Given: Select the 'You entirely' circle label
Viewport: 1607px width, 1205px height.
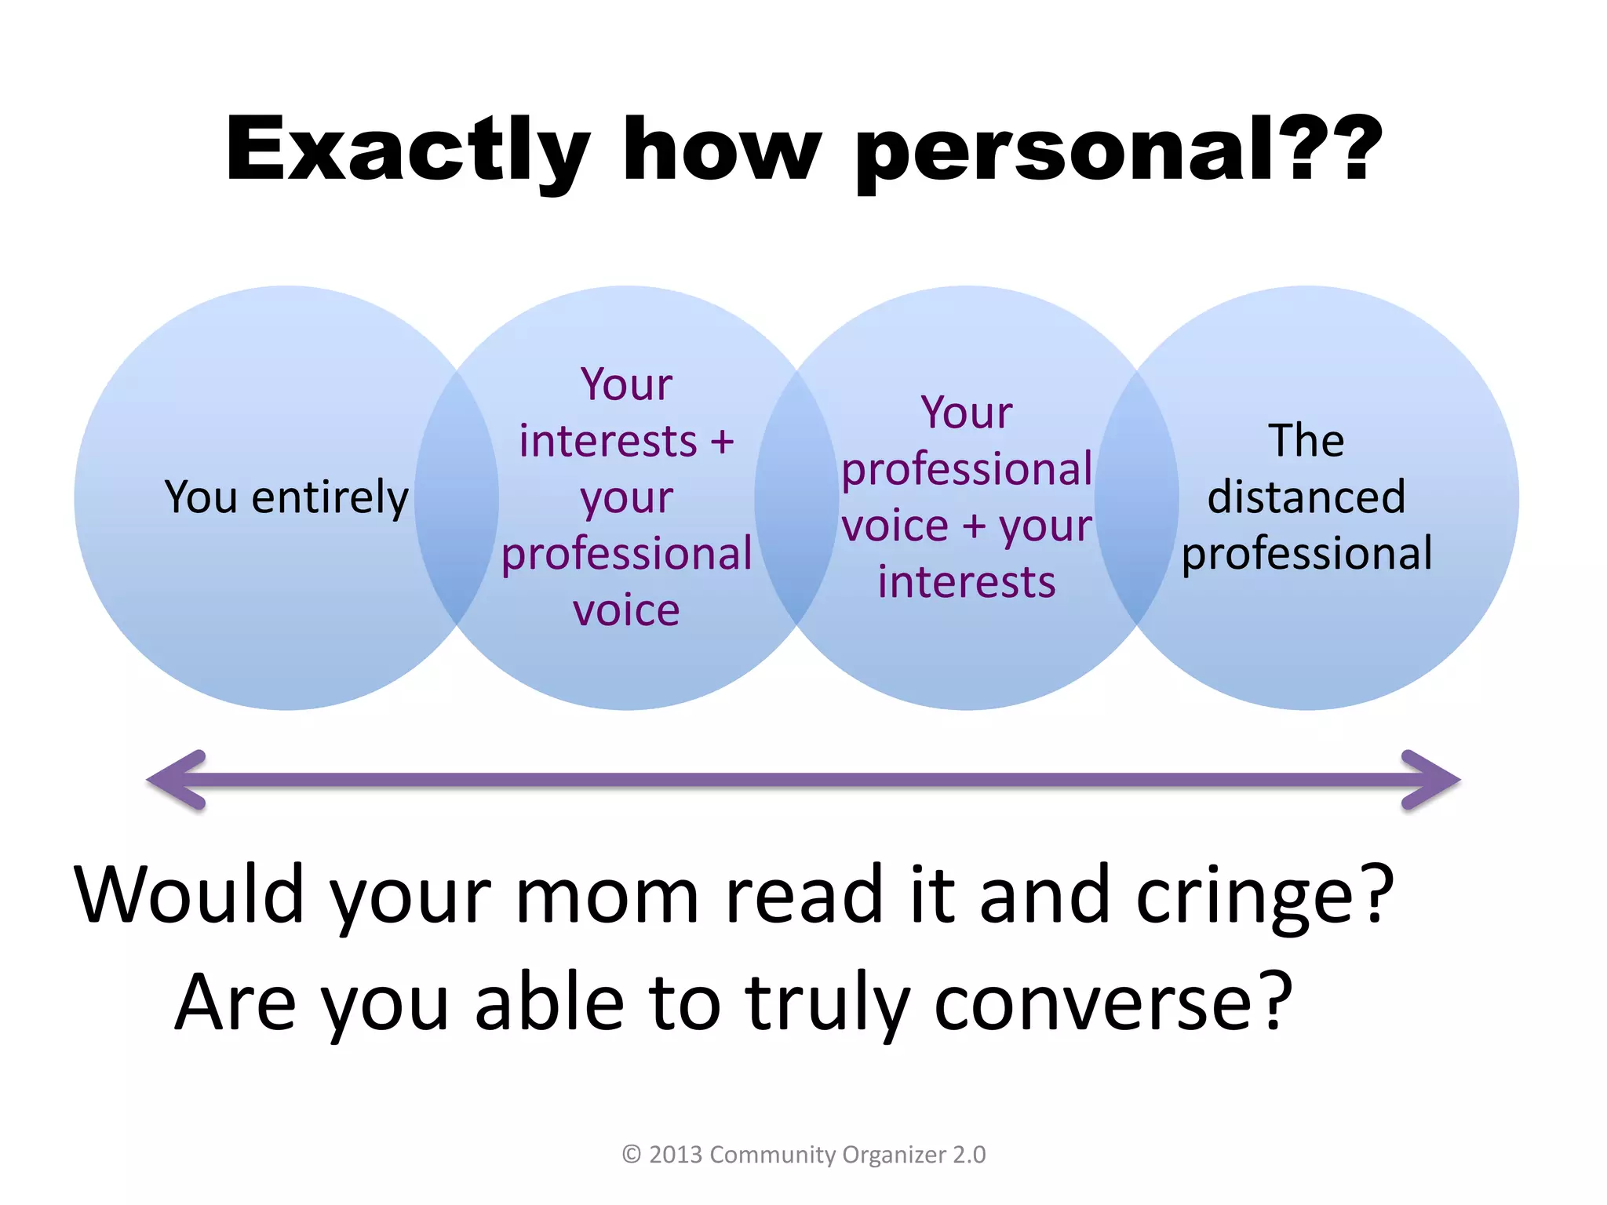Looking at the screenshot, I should pos(286,497).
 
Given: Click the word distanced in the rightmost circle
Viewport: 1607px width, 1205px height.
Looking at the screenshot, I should pos(1306,497).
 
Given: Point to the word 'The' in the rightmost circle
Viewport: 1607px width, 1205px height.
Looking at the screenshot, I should pos(1306,440).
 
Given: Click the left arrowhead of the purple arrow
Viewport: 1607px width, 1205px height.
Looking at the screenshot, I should pos(177,780).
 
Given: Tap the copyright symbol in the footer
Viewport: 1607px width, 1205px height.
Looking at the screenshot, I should pos(632,1155).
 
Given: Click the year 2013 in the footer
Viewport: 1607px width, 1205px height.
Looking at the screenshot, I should pos(676,1155).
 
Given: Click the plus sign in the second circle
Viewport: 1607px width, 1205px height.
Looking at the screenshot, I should pos(722,441).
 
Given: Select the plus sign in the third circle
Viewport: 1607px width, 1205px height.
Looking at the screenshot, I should pos(974,526).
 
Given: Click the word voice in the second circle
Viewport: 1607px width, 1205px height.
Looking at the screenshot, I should pos(626,610).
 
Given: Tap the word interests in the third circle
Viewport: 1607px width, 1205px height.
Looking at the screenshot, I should pos(967,582).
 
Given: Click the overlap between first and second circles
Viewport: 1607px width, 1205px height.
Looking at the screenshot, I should pos(457,497).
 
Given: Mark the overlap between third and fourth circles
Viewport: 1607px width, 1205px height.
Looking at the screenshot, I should pos(1137,497).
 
